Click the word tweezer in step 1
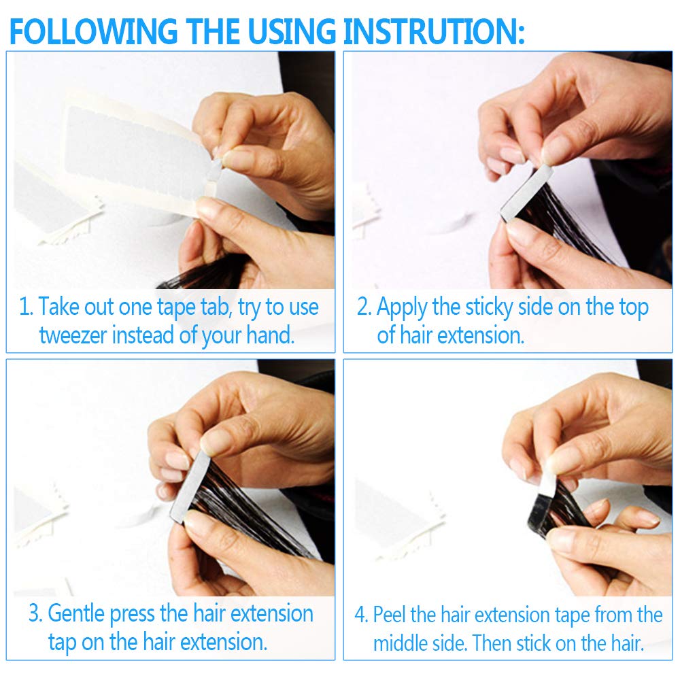(73, 335)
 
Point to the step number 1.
(25, 307)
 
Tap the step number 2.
(363, 307)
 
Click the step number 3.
(35, 613)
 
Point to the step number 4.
(361, 615)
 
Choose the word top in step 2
(634, 308)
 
